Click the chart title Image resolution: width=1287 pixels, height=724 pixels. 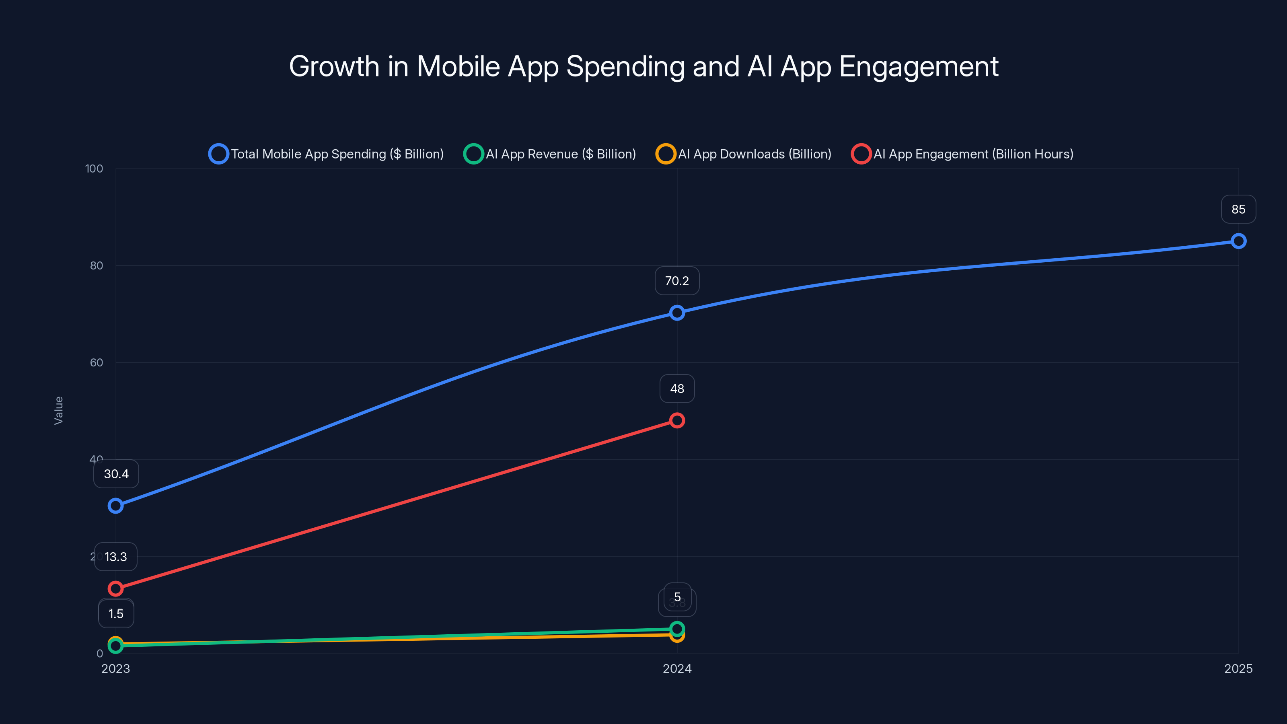coord(643,66)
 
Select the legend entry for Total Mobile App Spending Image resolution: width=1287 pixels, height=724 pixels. coord(326,154)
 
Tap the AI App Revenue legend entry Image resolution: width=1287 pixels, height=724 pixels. coord(550,154)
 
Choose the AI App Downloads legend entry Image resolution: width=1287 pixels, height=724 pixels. coord(744,154)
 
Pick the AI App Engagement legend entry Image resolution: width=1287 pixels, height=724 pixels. coord(963,154)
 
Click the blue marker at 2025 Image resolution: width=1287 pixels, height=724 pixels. coord(1238,241)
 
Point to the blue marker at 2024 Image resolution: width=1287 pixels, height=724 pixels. coord(677,313)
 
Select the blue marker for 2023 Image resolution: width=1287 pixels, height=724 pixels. coord(115,506)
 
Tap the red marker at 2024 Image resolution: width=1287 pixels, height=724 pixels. coord(677,420)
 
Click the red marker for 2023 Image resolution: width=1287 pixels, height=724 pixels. coord(115,588)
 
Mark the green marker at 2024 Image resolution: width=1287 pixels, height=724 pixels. coord(677,629)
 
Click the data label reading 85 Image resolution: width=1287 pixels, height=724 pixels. coord(1238,209)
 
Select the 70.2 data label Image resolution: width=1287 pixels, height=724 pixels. coord(677,281)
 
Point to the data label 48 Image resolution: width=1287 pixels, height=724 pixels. coord(677,389)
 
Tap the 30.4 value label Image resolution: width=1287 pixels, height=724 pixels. coord(116,474)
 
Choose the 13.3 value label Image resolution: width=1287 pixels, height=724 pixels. coord(115,557)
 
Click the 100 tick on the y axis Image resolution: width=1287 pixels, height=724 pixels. coord(94,169)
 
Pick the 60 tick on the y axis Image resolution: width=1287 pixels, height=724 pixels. coord(97,363)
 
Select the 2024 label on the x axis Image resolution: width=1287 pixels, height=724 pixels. coord(677,668)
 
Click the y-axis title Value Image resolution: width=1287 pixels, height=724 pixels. coord(58,411)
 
